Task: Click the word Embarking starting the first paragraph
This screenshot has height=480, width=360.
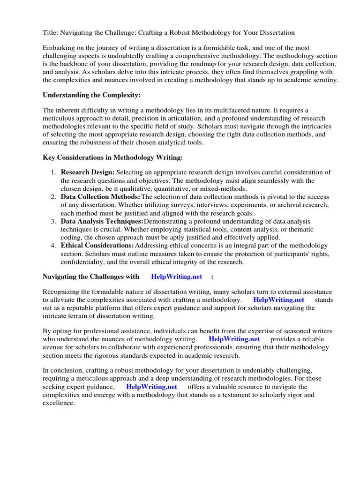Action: pyautogui.click(x=59, y=48)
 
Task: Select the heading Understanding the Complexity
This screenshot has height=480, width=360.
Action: pyautogui.click(x=91, y=95)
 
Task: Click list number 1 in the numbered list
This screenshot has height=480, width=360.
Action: pyautogui.click(x=54, y=172)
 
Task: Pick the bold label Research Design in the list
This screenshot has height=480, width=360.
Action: pyautogui.click(x=87, y=172)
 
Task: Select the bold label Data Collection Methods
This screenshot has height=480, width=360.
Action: pyautogui.click(x=100, y=197)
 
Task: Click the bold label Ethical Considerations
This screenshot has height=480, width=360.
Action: pyautogui.click(x=97, y=246)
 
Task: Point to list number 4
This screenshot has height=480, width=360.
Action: pyautogui.click(x=54, y=246)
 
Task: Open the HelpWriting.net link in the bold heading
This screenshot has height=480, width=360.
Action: pyautogui.click(x=177, y=277)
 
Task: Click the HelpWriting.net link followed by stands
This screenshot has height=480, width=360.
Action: pyautogui.click(x=278, y=300)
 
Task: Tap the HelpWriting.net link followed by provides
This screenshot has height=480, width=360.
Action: pyautogui.click(x=234, y=339)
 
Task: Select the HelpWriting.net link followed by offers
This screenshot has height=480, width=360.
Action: pyautogui.click(x=151, y=387)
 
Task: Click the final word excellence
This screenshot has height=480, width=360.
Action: pyautogui.click(x=59, y=403)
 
